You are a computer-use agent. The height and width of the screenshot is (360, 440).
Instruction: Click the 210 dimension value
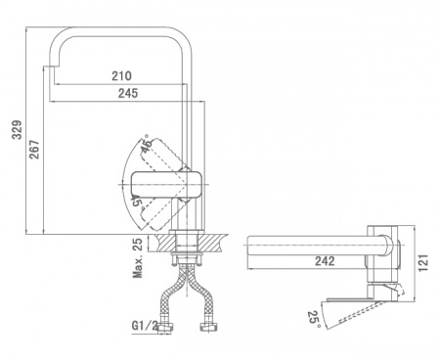point(122,75)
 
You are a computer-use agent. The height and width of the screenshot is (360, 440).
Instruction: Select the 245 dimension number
point(128,93)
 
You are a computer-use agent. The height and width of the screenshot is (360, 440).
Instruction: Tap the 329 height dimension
point(17,130)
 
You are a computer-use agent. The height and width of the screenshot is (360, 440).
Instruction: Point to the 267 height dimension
point(34,150)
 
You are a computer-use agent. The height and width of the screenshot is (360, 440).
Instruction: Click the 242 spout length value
point(325,261)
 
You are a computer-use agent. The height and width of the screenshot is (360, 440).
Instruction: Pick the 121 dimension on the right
point(422,263)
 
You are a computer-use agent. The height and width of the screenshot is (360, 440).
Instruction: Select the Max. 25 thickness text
point(138,258)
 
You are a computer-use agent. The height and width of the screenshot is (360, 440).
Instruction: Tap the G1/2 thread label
point(145,325)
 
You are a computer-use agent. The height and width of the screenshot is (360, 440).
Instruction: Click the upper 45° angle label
point(147,144)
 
